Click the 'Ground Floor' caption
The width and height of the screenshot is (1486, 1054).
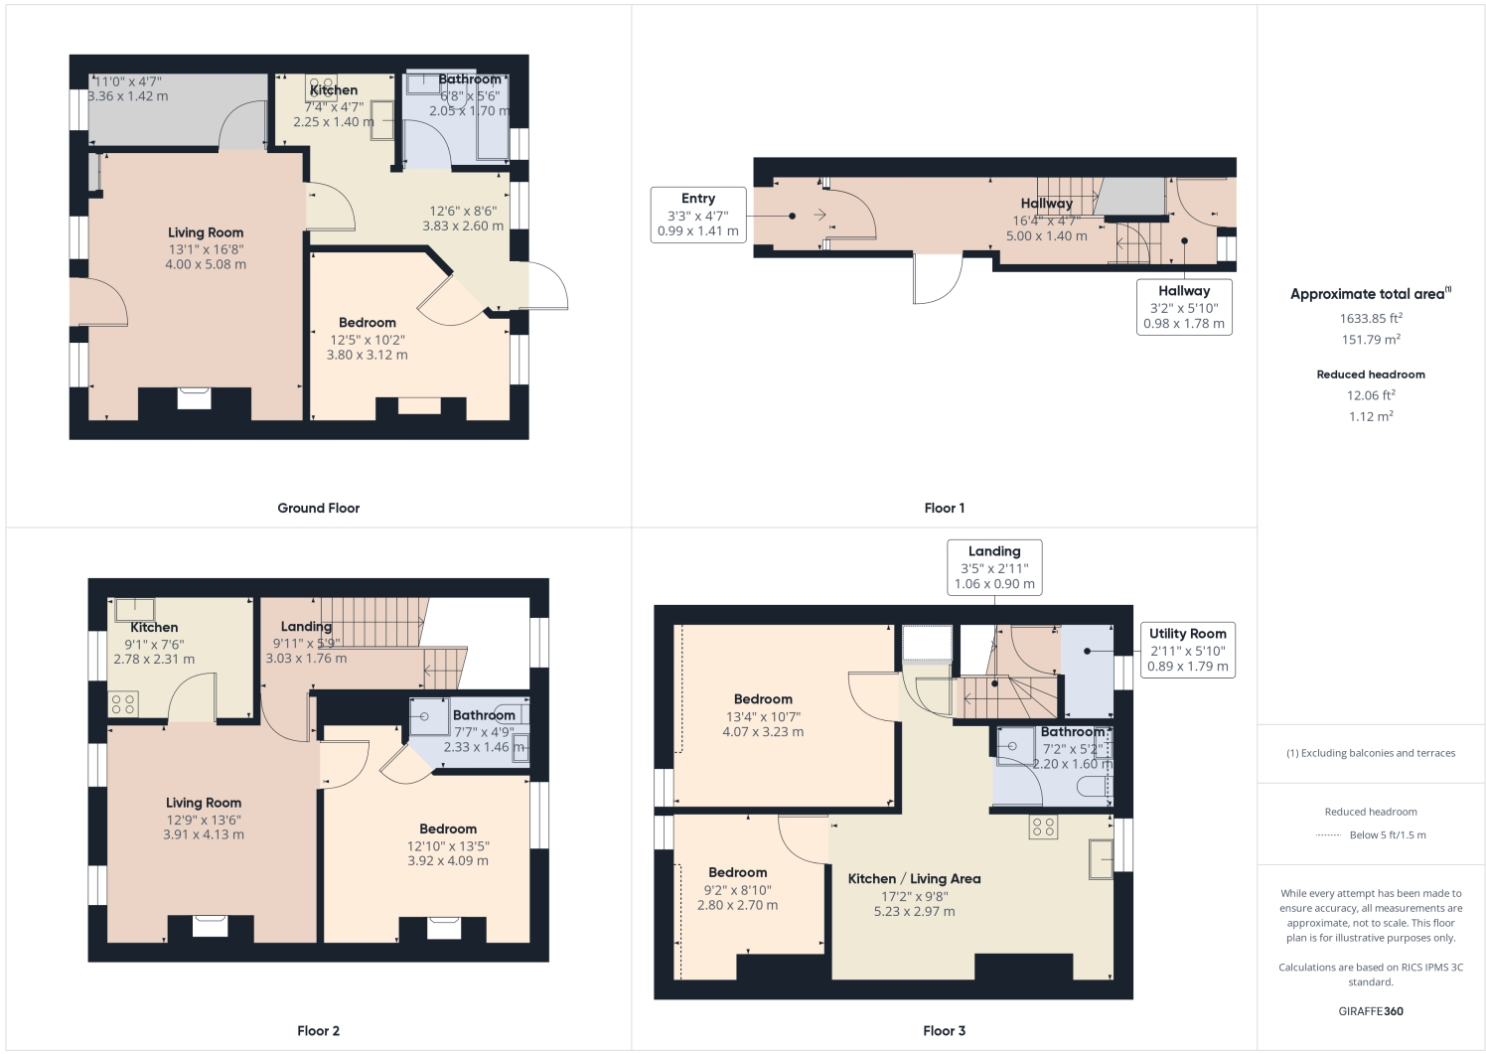click(x=318, y=508)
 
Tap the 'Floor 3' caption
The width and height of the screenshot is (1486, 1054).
click(x=944, y=1030)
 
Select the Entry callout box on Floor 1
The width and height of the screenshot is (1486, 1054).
click(x=697, y=215)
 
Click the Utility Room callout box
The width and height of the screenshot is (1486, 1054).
click(x=1187, y=650)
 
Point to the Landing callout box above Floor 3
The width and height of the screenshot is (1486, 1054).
click(x=993, y=567)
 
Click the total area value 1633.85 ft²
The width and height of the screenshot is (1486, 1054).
click(x=1370, y=318)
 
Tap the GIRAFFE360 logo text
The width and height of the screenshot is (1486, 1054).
click(x=1370, y=1011)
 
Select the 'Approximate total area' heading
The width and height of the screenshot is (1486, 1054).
click(x=1369, y=293)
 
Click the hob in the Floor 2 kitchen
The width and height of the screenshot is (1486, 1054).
click(x=123, y=704)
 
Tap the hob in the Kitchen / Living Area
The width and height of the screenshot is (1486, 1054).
click(x=1043, y=827)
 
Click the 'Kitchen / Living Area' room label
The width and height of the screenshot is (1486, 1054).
click(x=914, y=878)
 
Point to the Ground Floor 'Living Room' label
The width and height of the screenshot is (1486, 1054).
click(x=206, y=232)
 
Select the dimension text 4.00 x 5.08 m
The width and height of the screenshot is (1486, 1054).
click(x=206, y=264)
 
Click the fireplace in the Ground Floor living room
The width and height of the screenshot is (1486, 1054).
click(x=194, y=398)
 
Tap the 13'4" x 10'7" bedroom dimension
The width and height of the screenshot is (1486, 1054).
click(x=763, y=716)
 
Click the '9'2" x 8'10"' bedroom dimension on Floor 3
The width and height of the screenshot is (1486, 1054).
click(x=737, y=890)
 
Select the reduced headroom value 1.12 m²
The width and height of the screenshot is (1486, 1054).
click(x=1370, y=416)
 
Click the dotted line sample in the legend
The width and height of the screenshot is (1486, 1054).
click(x=1328, y=835)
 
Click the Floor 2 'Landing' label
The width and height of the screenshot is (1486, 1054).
click(x=306, y=626)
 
